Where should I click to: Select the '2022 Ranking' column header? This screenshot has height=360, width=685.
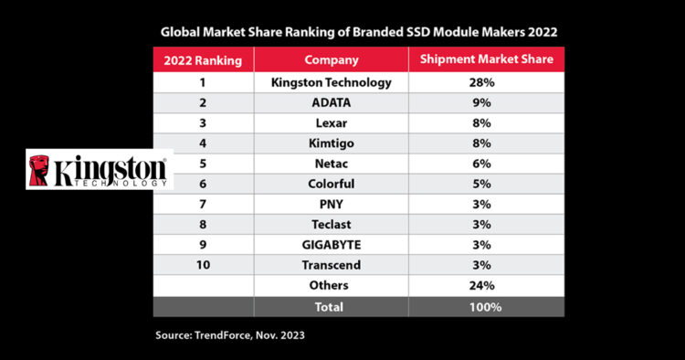pyautogui.click(x=202, y=61)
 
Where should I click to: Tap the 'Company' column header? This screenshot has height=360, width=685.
pyautogui.click(x=332, y=61)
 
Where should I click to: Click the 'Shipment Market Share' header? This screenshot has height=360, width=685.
pyautogui.click(x=487, y=61)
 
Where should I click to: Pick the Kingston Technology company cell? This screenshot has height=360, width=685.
pyautogui.click(x=332, y=82)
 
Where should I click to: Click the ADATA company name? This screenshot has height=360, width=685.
pyautogui.click(x=332, y=103)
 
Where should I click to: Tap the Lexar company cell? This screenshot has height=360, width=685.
pyautogui.click(x=332, y=123)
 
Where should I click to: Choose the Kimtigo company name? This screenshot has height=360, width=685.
pyautogui.click(x=332, y=143)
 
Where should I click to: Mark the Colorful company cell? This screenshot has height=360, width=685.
pyautogui.click(x=332, y=185)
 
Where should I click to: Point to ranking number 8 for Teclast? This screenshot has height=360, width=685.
pyautogui.click(x=202, y=226)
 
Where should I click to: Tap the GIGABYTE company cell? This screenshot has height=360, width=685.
pyautogui.click(x=332, y=246)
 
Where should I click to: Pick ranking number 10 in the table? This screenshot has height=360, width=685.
pyautogui.click(x=202, y=266)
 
